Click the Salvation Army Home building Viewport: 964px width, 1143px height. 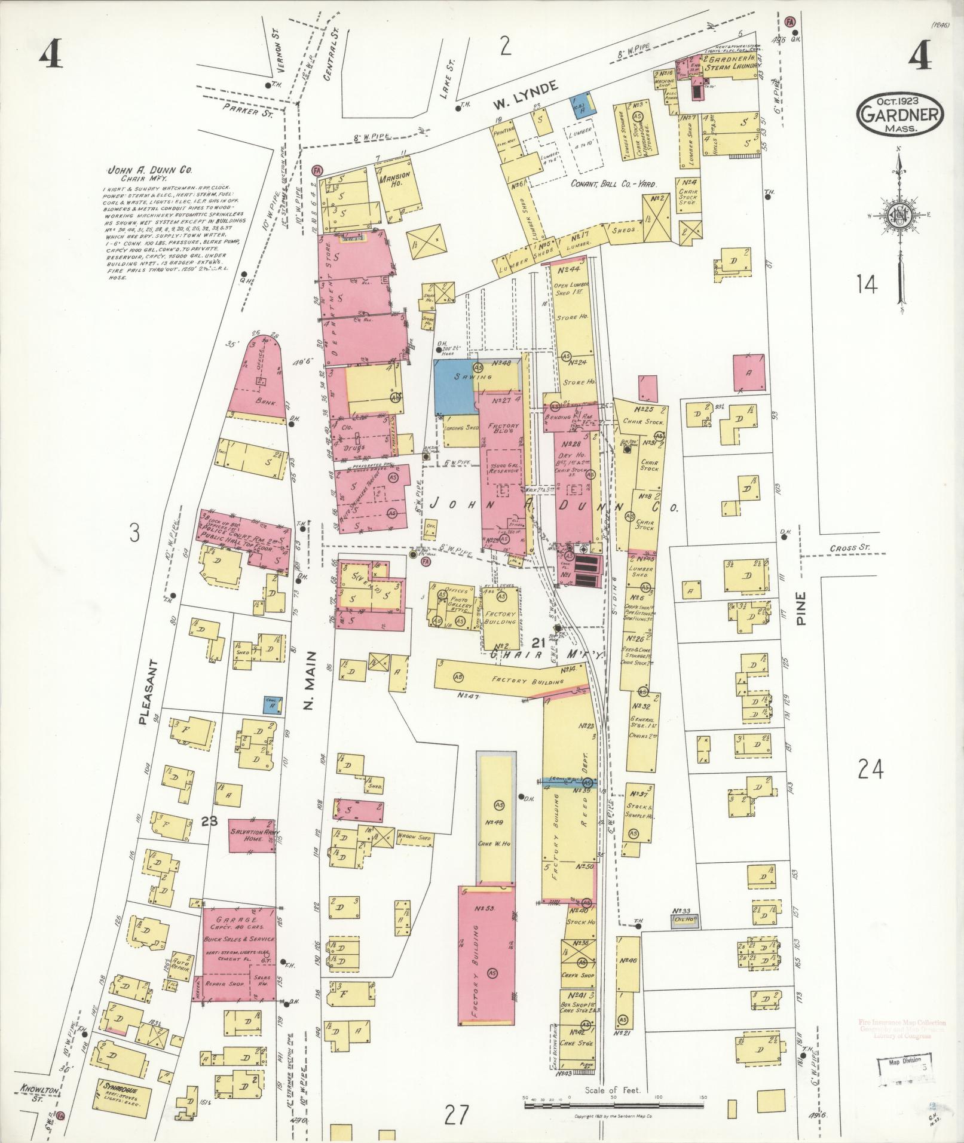251,835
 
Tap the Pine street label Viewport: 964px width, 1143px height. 801,609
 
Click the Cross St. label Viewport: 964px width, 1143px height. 848,548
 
